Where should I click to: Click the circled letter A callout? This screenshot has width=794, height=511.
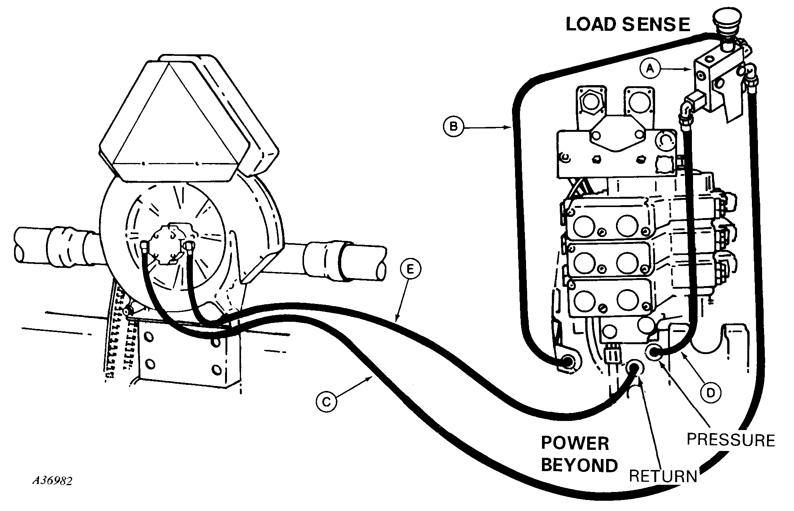coord(651,79)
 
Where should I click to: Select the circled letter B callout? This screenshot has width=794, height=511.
coord(454,126)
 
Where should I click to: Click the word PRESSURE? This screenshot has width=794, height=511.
coord(731,440)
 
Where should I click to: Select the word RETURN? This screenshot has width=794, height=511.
coord(663,476)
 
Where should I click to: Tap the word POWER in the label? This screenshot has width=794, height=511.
coord(575,443)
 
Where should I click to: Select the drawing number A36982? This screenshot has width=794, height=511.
coord(52,481)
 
